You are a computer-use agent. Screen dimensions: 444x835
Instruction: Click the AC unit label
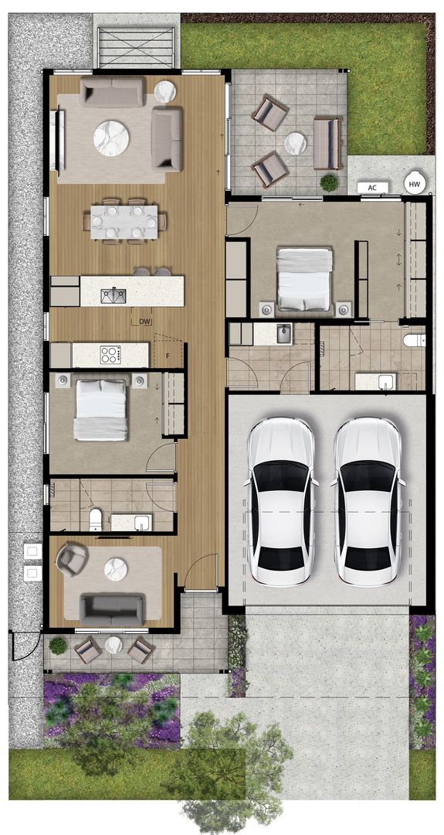(372, 187)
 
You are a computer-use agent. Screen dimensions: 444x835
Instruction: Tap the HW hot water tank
(415, 184)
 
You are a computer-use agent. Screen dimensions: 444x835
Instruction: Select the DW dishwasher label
(144, 321)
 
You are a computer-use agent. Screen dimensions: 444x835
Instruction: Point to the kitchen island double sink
(114, 295)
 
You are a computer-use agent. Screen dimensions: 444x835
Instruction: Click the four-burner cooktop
(110, 355)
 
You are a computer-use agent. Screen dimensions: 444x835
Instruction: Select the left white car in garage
(280, 501)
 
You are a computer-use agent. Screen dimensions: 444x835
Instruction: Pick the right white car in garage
(367, 501)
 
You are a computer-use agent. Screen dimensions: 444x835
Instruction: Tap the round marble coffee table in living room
(111, 138)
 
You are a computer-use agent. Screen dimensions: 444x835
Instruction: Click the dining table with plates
(124, 222)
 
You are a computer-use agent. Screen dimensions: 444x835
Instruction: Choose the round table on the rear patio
(295, 143)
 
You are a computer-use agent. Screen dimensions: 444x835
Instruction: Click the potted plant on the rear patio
(329, 182)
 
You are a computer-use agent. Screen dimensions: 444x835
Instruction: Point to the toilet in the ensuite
(415, 339)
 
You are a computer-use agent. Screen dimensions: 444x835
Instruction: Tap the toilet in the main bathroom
(96, 520)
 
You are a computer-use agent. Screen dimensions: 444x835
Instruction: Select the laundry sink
(283, 334)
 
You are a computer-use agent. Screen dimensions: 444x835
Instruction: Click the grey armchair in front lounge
(72, 559)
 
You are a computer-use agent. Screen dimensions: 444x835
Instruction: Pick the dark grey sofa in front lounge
(112, 609)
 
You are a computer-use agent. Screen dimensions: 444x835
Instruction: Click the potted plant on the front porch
(58, 646)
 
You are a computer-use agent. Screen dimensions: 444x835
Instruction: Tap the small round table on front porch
(114, 645)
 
